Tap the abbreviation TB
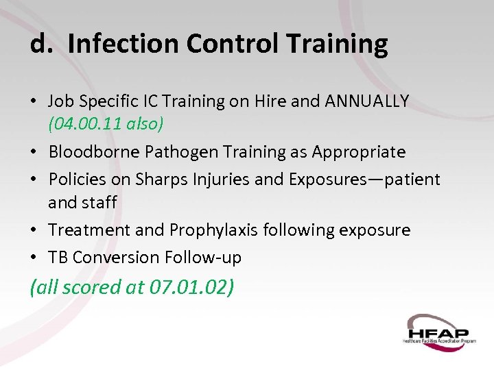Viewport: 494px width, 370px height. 58,257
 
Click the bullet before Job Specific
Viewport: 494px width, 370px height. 34,102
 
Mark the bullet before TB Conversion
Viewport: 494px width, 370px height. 34,258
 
